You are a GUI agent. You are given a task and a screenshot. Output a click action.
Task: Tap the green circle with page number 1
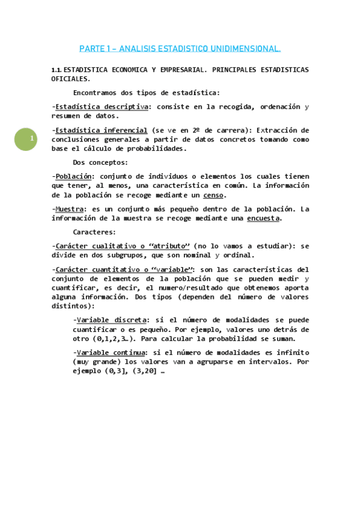pos(26,140)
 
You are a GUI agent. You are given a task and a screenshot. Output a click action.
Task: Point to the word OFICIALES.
pos(71,79)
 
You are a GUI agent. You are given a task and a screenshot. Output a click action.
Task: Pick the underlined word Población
pos(73,176)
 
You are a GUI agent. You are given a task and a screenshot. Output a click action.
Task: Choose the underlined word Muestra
pos(69,209)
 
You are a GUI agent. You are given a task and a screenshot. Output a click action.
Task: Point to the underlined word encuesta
pos(263,218)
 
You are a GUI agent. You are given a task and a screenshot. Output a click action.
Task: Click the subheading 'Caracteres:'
pos(95,232)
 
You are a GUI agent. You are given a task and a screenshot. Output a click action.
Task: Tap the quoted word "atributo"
pos(170,246)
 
